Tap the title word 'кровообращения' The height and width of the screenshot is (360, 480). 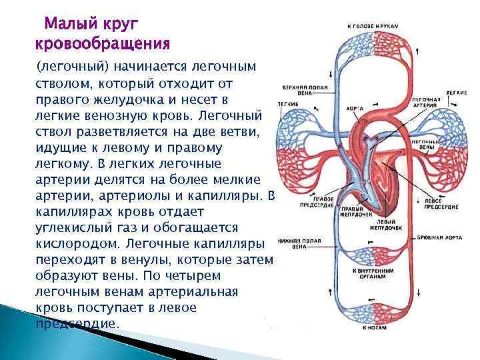point(102,45)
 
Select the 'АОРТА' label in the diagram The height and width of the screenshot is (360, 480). point(355,107)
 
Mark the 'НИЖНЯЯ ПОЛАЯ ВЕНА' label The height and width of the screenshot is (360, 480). point(291,243)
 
